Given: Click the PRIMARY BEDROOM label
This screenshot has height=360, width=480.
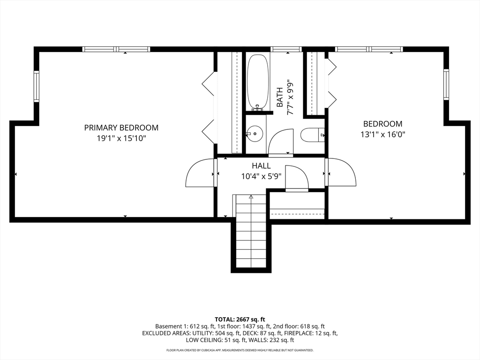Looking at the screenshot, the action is click(121, 127).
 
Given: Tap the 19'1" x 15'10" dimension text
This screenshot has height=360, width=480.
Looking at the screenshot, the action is click(121, 138).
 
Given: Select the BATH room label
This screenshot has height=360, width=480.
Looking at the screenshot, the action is click(280, 97).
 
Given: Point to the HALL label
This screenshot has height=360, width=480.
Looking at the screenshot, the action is click(261, 166).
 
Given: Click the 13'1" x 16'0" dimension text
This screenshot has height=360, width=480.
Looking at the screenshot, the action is click(382, 135).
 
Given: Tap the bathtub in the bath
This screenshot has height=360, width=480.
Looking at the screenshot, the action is click(258, 82).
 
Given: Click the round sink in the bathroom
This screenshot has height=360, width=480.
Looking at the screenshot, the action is click(255, 134).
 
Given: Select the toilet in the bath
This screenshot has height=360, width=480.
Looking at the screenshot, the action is click(312, 135).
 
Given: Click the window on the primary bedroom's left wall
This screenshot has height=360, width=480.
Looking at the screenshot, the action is click(37, 86).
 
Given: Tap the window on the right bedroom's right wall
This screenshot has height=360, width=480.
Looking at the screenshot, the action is click(446, 84).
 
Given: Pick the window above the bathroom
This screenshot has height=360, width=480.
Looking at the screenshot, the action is click(286, 49).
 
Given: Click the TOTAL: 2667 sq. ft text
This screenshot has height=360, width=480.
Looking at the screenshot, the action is click(240, 320).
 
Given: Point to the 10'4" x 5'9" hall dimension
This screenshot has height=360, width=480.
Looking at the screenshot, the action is click(261, 177).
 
